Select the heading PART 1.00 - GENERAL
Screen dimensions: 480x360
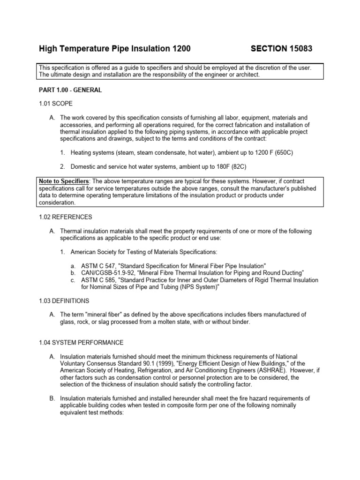69,90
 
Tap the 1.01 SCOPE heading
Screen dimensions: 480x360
55,103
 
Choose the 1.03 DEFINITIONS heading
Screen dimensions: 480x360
64,300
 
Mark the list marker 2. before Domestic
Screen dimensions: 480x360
62,166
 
